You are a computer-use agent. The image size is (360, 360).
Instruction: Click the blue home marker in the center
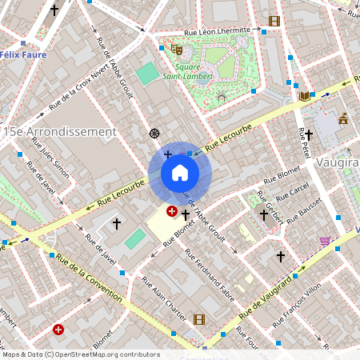point(180,173)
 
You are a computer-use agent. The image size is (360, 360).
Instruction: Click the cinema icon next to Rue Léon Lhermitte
point(274,21)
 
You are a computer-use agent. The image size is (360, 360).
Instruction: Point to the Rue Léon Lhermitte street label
point(218,33)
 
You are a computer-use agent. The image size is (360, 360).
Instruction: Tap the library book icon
point(304,96)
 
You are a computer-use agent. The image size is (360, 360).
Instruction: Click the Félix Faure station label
point(22,54)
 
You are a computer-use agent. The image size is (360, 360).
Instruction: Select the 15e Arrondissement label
point(59,130)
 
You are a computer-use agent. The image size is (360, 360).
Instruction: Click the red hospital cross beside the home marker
point(171,211)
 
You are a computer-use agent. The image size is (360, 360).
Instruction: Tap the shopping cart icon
point(325,240)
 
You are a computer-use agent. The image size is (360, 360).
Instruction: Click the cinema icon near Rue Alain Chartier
point(198,319)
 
